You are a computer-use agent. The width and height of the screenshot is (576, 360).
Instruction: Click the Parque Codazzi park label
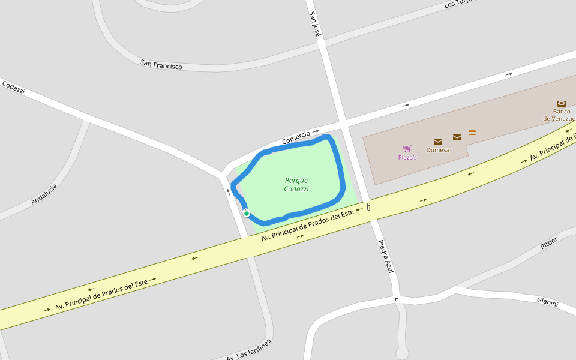296,184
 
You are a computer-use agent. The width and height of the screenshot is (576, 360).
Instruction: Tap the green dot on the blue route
247,213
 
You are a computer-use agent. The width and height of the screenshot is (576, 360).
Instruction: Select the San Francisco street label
161,64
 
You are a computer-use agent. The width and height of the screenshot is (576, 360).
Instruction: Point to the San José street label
315,24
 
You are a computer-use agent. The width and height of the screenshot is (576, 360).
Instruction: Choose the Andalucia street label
44,194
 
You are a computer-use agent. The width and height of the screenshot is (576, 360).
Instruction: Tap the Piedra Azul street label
385,257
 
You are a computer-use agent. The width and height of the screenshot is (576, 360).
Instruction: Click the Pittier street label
548,243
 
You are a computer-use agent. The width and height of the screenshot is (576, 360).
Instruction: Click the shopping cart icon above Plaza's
407,148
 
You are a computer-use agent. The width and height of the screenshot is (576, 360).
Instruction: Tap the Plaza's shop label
407,158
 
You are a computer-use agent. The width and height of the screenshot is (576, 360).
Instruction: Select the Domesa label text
438,150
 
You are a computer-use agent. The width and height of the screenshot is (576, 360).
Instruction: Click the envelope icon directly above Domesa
438,142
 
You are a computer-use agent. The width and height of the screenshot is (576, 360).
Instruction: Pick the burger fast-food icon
472,132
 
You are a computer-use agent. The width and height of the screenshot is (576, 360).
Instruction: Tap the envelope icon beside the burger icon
457,137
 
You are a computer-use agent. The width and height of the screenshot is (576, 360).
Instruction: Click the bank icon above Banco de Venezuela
562,103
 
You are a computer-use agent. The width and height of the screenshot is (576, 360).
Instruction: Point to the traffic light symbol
368,206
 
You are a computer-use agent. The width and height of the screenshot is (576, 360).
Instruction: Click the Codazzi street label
13,87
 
